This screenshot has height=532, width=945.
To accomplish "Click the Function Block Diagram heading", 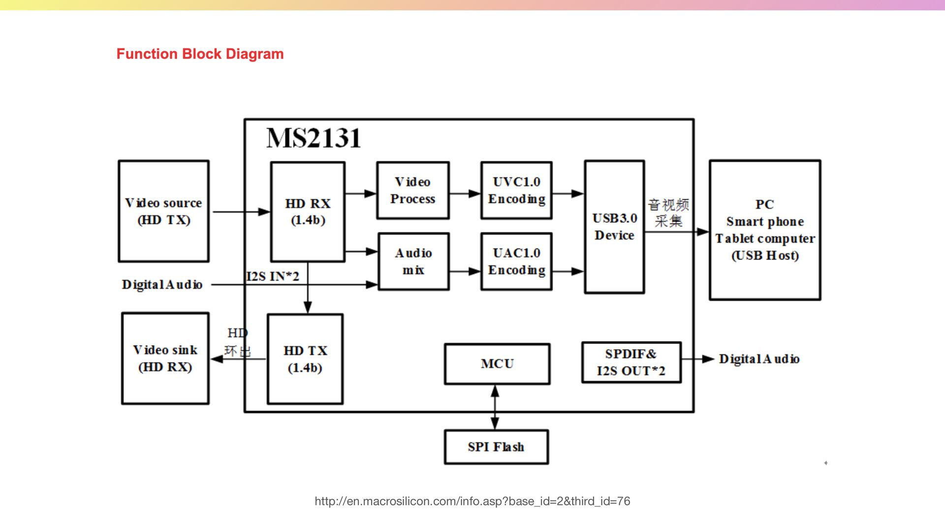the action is tap(200, 54).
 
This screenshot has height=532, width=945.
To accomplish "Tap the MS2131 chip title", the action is tap(314, 138).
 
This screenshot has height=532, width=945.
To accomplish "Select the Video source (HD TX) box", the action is tap(163, 211).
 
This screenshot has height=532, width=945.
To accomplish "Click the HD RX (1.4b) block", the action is tap(308, 212).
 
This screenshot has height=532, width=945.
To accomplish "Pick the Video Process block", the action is tap(413, 191).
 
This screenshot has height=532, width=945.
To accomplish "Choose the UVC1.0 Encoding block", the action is tap(516, 191).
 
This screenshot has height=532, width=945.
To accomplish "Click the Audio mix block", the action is tap(413, 262).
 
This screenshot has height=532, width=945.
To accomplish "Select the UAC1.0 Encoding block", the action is tap(516, 262).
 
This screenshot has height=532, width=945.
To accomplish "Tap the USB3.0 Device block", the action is tap(614, 227).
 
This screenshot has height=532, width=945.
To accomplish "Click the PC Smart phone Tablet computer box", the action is tap(765, 230).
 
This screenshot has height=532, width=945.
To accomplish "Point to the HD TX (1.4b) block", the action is tap(305, 359).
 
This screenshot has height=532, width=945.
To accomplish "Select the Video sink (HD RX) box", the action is tap(165, 359).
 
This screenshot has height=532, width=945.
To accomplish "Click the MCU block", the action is tap(497, 364).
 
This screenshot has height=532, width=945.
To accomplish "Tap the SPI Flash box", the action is tap(496, 447).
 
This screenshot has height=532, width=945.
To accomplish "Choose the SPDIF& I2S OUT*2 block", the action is tap(631, 363).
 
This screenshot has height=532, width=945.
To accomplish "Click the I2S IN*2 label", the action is tap(273, 276).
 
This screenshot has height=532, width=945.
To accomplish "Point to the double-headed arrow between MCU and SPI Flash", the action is tap(495, 407).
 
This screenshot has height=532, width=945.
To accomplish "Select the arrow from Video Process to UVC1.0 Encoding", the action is tap(465, 194).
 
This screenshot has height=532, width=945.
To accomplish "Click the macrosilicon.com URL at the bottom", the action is tap(472, 501).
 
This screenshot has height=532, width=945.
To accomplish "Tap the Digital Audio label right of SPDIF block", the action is tap(759, 359).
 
